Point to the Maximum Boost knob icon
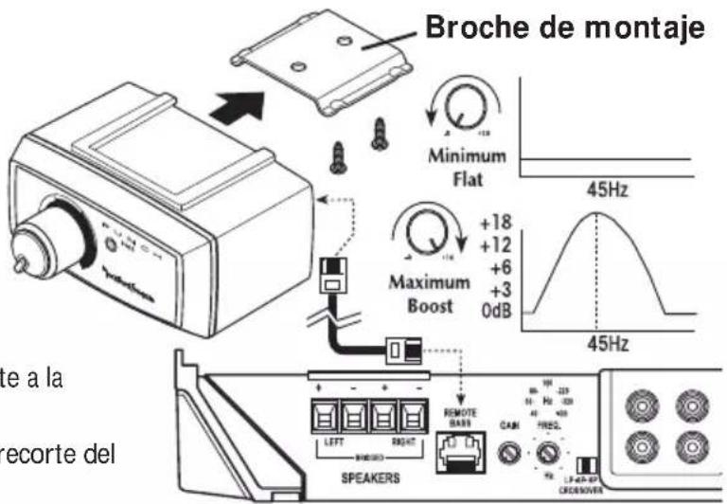pyautogui.click(x=423, y=233)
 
